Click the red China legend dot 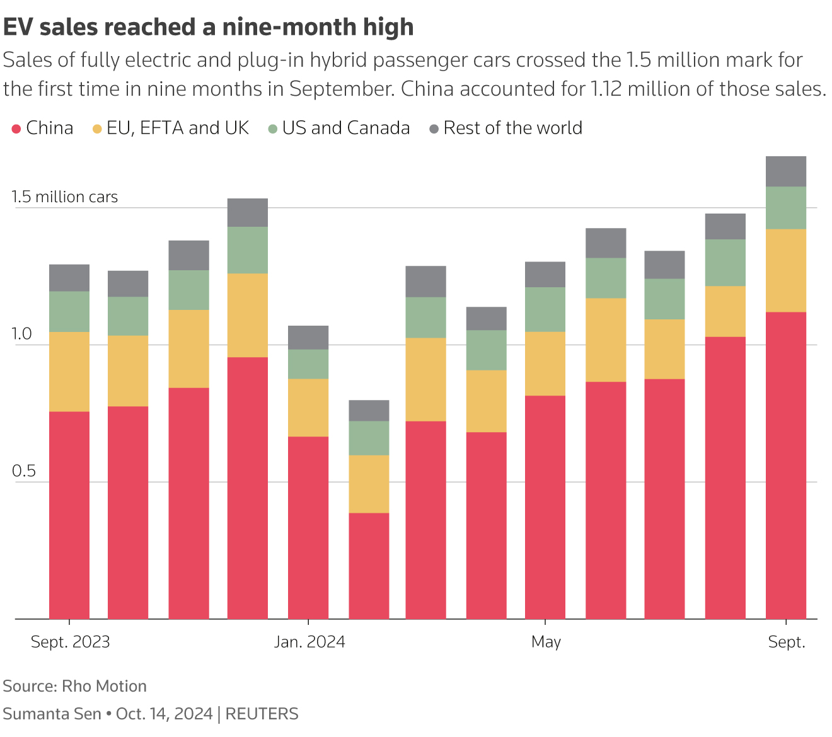17,129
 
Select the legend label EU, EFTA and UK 178,129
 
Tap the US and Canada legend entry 345,129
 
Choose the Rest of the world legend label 512,129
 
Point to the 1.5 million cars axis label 64,197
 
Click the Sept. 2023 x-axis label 70,642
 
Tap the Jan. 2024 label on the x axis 309,642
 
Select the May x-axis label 546,642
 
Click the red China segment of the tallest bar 786,466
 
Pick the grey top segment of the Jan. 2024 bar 308,338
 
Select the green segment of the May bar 545,309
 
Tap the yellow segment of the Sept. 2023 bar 69,372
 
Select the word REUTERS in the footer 262,714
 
